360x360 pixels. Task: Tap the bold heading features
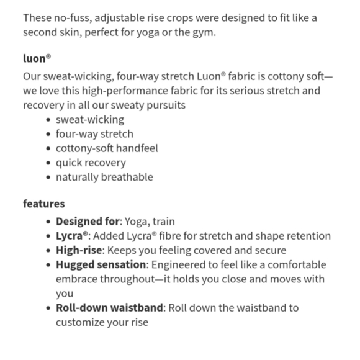click(x=44, y=204)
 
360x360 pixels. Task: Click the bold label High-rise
click(x=79, y=250)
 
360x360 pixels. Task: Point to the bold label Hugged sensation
click(x=101, y=264)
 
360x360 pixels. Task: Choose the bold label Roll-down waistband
click(x=110, y=308)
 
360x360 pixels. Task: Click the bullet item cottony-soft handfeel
click(x=107, y=148)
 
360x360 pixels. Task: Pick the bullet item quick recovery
click(x=91, y=163)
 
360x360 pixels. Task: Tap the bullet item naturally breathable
click(x=104, y=177)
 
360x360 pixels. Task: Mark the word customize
click(x=80, y=322)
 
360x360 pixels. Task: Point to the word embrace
click(x=77, y=279)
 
